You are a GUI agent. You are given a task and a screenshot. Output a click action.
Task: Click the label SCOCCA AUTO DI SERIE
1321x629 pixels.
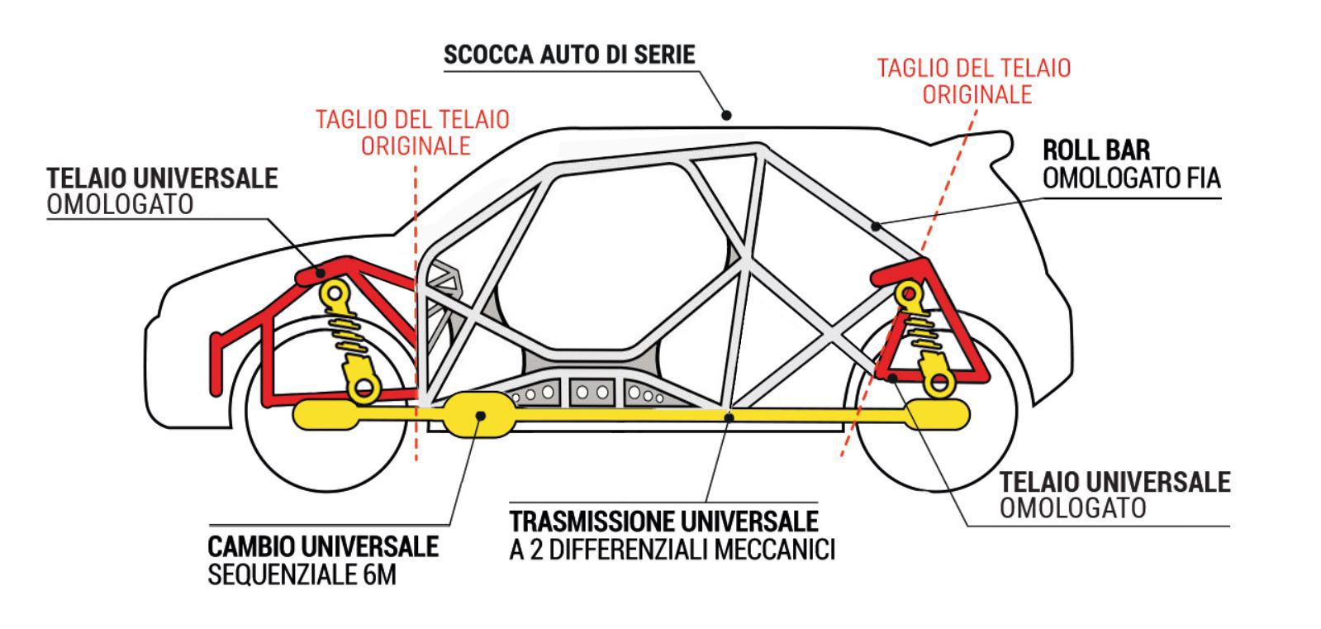(x=569, y=55)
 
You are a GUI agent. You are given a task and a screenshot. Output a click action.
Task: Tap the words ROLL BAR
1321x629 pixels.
(x=1095, y=150)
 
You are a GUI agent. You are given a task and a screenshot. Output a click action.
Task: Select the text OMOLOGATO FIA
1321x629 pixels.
(x=1131, y=178)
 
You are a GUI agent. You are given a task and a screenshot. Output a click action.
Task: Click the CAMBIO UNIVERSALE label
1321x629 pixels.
(x=323, y=546)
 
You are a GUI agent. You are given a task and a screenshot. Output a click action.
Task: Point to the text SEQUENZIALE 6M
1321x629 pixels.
(x=302, y=574)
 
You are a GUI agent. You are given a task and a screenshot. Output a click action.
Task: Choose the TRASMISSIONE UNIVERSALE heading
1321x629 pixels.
(x=663, y=522)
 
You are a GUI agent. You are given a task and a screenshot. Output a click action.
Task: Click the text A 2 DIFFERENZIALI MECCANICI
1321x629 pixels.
(x=672, y=550)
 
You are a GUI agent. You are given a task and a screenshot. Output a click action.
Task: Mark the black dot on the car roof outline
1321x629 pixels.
(x=726, y=115)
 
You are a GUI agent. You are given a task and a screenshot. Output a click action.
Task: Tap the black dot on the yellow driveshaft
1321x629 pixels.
(x=727, y=417)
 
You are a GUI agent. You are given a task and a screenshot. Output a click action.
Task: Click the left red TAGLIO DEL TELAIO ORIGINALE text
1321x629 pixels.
(x=413, y=132)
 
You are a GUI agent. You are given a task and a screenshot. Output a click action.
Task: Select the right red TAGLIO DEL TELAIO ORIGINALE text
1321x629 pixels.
(x=974, y=80)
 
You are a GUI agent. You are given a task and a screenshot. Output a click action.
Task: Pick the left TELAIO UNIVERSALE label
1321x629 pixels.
(x=162, y=178)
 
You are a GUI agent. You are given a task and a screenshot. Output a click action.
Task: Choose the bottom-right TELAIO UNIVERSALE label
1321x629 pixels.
(x=1114, y=481)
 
